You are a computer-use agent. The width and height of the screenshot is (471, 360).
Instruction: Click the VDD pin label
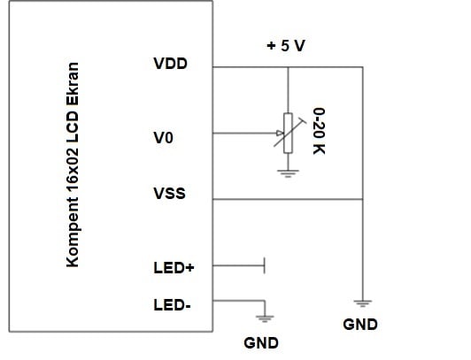pyautogui.click(x=170, y=64)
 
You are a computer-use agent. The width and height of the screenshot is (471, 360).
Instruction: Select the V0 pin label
pyautogui.click(x=164, y=138)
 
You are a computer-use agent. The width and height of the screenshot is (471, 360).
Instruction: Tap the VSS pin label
pyautogui.click(x=169, y=194)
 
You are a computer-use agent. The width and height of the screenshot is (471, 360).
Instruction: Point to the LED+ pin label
pyautogui.click(x=174, y=268)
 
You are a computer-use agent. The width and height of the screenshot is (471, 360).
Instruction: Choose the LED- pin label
pyautogui.click(x=172, y=305)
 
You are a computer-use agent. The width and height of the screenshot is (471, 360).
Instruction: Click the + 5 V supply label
pyautogui.click(x=286, y=46)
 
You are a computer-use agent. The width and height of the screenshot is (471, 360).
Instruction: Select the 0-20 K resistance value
pyautogui.click(x=319, y=131)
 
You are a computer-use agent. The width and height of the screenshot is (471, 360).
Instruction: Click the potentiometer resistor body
pyautogui.click(x=288, y=134)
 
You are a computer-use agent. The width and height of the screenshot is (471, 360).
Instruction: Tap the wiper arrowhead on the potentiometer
pyautogui.click(x=280, y=133)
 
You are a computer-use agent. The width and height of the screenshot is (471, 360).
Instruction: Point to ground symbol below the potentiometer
pyautogui.click(x=288, y=173)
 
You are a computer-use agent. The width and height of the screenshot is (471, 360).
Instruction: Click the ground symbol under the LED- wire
pyautogui.click(x=265, y=318)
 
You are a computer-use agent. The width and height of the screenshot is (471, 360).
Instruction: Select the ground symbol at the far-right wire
pyautogui.click(x=363, y=303)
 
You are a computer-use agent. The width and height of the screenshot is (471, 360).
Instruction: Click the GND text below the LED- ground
pyautogui.click(x=261, y=343)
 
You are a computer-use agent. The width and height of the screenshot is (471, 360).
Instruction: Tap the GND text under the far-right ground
pyautogui.click(x=360, y=325)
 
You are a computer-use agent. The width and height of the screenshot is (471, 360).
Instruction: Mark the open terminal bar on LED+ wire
pyautogui.click(x=265, y=265)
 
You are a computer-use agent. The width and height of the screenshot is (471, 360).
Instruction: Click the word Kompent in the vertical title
pyautogui.click(x=73, y=233)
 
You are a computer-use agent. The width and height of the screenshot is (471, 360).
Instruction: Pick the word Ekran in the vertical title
pyautogui.click(x=73, y=84)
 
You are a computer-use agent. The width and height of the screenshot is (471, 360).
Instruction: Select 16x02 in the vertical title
pyautogui.click(x=73, y=169)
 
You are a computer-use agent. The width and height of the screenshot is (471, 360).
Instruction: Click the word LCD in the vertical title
pyautogui.click(x=73, y=126)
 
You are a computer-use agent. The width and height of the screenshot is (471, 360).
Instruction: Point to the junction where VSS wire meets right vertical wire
pyautogui.click(x=363, y=199)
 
